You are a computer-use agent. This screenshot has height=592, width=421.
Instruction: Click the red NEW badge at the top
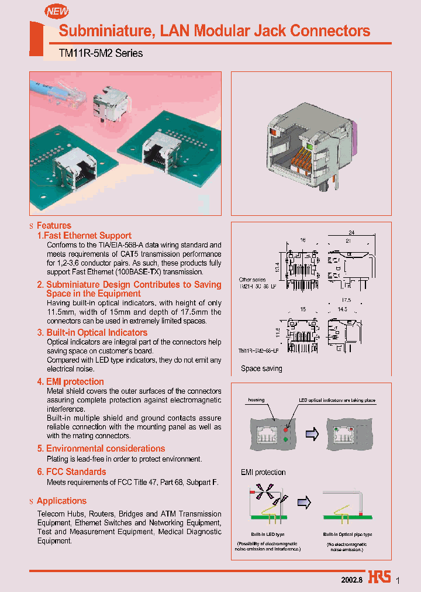[57, 11]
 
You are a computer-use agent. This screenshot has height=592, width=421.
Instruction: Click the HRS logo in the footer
[380, 578]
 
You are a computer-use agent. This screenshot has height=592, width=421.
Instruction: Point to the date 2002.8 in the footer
[352, 579]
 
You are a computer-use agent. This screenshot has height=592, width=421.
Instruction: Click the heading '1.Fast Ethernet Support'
[84, 236]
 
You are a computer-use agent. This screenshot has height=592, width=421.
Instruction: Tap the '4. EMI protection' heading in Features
[70, 382]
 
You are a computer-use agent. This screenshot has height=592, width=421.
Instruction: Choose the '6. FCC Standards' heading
[71, 471]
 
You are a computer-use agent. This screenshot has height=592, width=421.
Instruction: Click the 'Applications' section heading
[61, 501]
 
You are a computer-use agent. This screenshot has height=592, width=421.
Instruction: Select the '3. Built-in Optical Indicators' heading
[92, 332]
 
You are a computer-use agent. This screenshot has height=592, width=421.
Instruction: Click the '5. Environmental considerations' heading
[101, 449]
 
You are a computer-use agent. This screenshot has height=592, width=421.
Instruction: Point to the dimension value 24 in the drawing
[351, 232]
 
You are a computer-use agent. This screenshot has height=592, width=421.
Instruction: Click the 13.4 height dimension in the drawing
[277, 266]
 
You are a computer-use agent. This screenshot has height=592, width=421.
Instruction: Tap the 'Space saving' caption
[261, 369]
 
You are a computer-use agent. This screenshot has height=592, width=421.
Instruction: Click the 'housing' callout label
[256, 400]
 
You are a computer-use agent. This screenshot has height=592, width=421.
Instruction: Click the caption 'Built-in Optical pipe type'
[347, 535]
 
